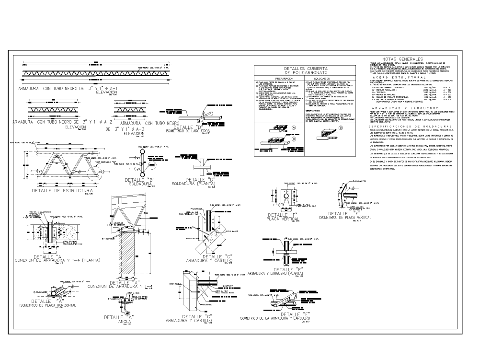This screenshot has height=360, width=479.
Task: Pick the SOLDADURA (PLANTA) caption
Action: coord(194,184)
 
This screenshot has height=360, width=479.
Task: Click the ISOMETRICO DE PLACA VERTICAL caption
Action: coord(345,218)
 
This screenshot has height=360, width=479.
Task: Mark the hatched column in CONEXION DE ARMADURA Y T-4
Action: coord(129,254)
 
